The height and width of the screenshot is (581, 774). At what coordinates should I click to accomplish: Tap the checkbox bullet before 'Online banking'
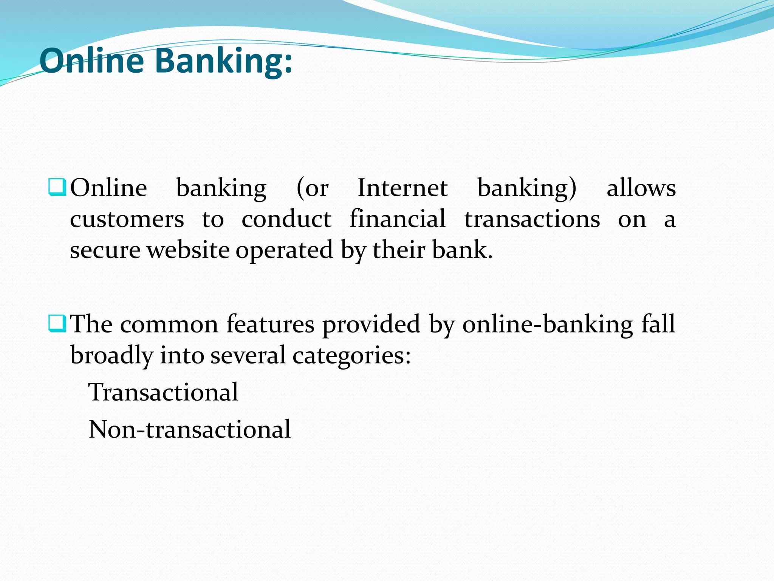click(x=57, y=188)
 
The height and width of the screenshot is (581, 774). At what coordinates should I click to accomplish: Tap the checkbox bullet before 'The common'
click(x=57, y=324)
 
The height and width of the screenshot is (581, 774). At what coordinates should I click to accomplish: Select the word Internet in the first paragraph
click(x=402, y=188)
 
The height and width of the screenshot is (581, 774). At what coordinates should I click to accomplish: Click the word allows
click(x=641, y=188)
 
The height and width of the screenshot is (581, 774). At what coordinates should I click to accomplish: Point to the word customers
click(x=127, y=219)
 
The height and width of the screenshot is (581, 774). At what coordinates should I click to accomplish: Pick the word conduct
click(x=286, y=219)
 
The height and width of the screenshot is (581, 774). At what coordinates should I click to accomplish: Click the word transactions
click(x=532, y=219)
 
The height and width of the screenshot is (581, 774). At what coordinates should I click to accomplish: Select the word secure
click(x=105, y=250)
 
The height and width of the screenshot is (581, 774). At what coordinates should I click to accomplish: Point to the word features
click(x=270, y=325)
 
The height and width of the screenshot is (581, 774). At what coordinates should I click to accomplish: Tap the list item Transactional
click(x=163, y=392)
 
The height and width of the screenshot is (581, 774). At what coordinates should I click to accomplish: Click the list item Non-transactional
click(x=190, y=429)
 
